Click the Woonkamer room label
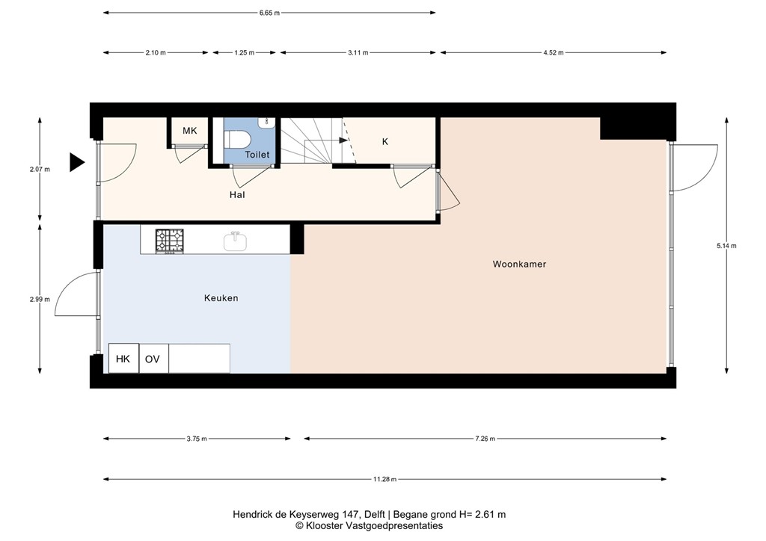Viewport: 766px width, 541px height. pyautogui.click(x=519, y=264)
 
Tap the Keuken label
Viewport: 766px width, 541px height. pyautogui.click(x=221, y=298)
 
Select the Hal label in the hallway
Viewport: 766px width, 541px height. pyautogui.click(x=237, y=194)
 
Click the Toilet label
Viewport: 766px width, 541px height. pyautogui.click(x=257, y=155)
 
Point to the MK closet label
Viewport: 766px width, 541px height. pyautogui.click(x=189, y=131)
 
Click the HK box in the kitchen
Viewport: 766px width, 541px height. pyautogui.click(x=123, y=359)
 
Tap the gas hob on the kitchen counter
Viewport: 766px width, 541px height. pyautogui.click(x=170, y=241)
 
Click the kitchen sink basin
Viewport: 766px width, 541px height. pyautogui.click(x=235, y=241)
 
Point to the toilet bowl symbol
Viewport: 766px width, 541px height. pyautogui.click(x=238, y=140)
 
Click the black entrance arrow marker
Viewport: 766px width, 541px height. pyautogui.click(x=77, y=162)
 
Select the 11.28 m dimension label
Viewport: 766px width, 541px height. pyautogui.click(x=385, y=480)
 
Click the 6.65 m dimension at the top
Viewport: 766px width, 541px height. pyautogui.click(x=269, y=13)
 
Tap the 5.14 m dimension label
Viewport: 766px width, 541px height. pyautogui.click(x=726, y=246)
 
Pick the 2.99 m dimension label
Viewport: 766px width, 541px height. pyautogui.click(x=40, y=300)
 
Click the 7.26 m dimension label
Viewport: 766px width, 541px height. pyautogui.click(x=485, y=439)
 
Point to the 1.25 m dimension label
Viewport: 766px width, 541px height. pyautogui.click(x=245, y=53)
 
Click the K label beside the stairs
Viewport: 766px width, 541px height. pyautogui.click(x=385, y=142)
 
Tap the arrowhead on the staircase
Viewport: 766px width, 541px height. pyautogui.click(x=343, y=140)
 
